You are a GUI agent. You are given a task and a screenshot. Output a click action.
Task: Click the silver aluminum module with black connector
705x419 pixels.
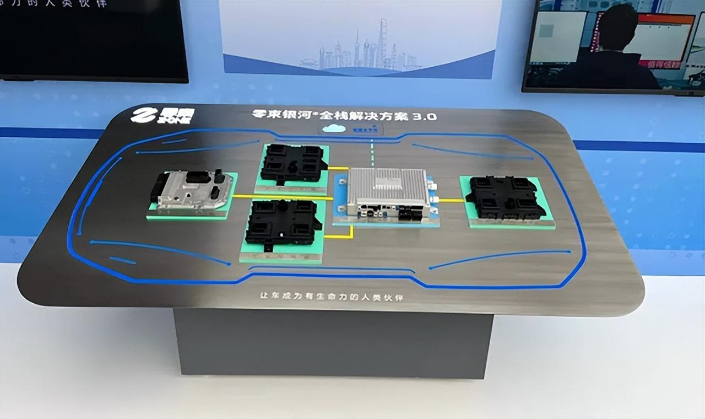click(x=193, y=190)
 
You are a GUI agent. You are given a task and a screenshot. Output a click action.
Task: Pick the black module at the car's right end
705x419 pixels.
click(x=505, y=197)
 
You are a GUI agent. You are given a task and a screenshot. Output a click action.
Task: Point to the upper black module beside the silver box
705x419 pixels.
click(x=292, y=163)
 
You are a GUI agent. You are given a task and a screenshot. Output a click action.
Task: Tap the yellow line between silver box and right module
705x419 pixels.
click(x=451, y=200)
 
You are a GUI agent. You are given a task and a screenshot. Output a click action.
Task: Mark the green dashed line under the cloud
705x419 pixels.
click(x=372, y=152)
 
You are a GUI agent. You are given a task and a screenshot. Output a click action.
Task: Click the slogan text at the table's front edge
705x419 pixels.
click(x=331, y=297)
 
